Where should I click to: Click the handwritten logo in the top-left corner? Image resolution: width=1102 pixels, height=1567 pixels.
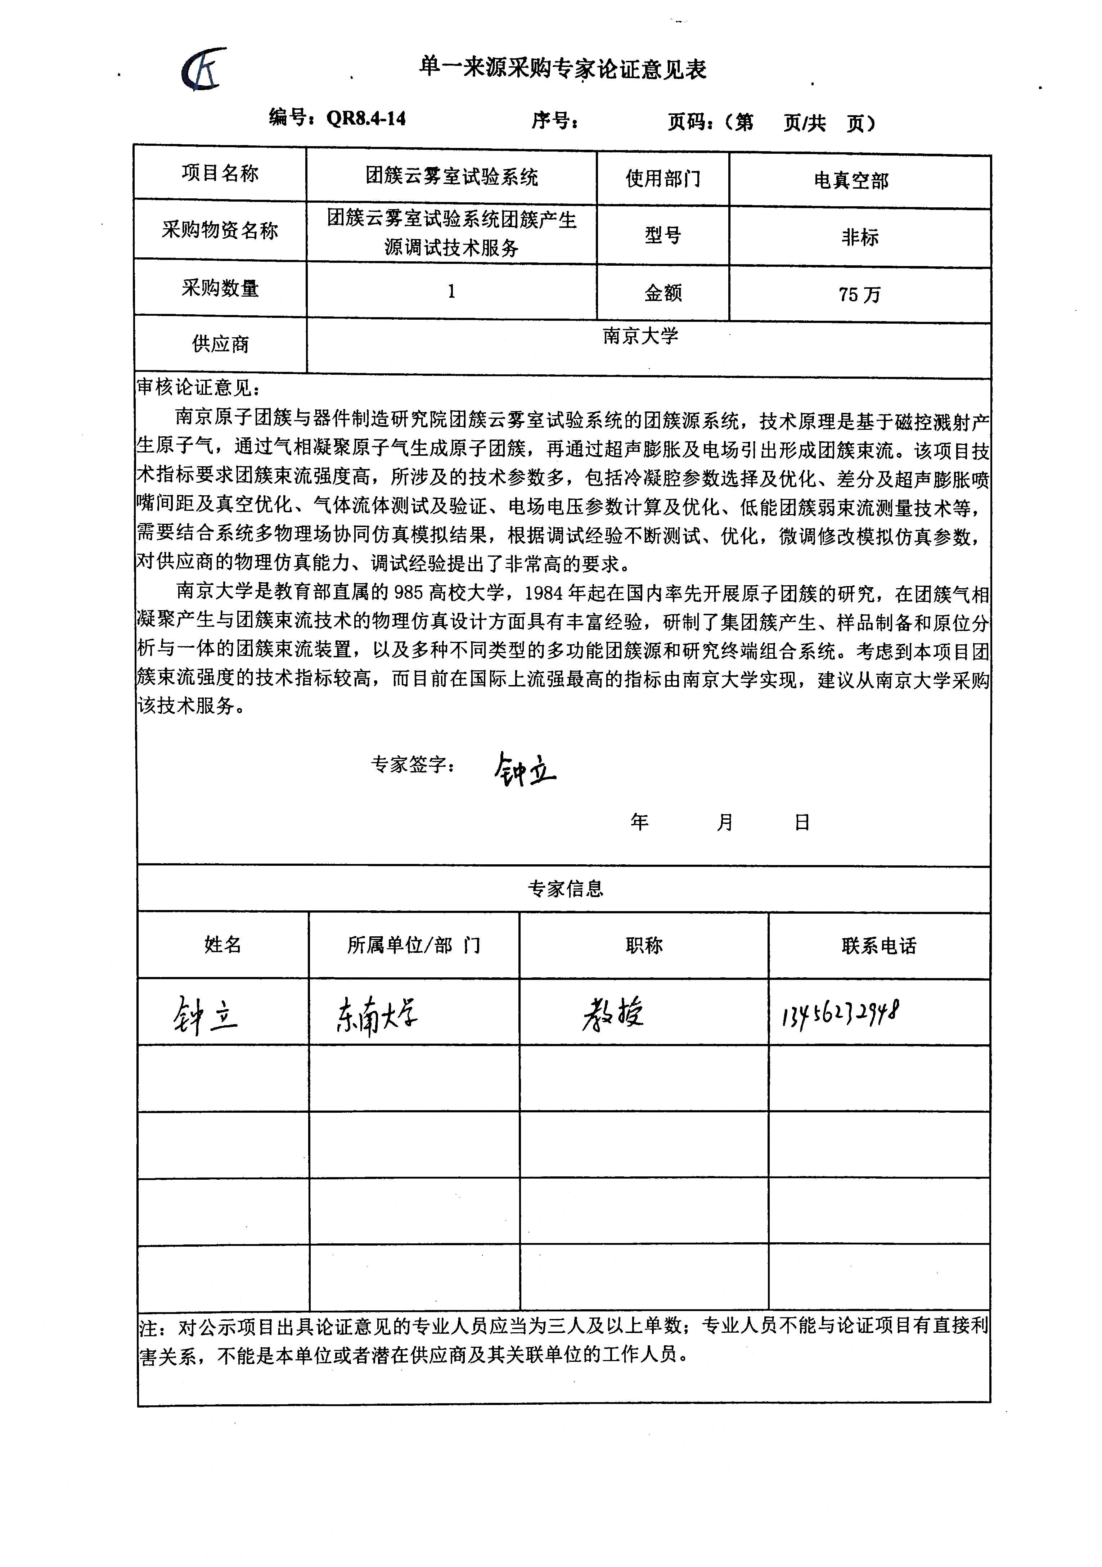click(x=203, y=69)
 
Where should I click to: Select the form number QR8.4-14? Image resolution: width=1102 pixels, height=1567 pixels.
click(x=366, y=119)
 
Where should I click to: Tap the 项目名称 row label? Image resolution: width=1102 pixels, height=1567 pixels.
click(x=220, y=174)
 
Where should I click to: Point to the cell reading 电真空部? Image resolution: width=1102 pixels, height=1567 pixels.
click(x=851, y=180)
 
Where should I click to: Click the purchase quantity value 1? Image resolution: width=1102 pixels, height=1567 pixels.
click(x=451, y=292)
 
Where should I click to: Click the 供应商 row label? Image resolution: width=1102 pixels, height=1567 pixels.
click(x=220, y=344)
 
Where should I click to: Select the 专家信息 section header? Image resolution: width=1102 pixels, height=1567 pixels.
click(x=565, y=888)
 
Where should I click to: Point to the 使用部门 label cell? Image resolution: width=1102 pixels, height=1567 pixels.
click(x=662, y=179)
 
